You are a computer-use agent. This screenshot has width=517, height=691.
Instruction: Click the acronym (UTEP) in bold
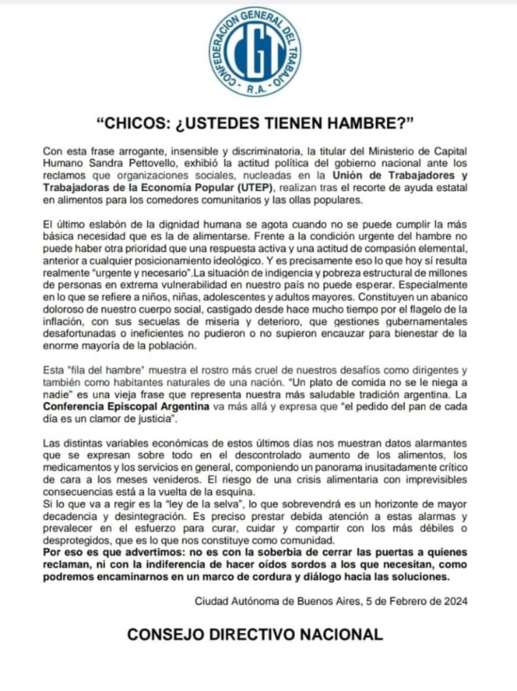tap(257, 188)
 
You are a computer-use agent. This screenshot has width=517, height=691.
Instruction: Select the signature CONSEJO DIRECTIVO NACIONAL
tap(256, 635)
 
